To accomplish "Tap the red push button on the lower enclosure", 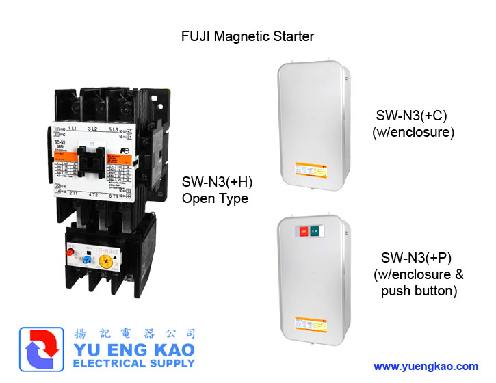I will coord(302,232).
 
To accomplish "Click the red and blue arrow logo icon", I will coord(42,352).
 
